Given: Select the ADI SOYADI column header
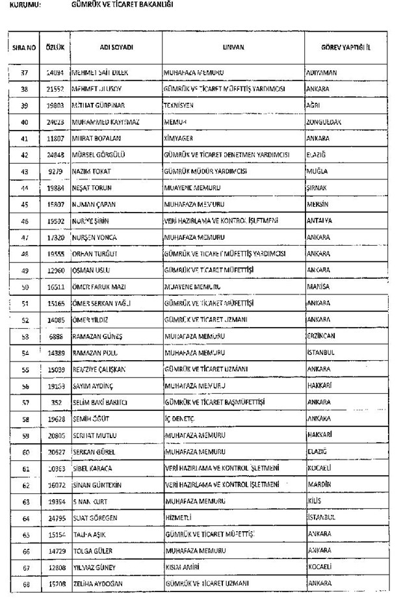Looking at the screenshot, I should click(116, 48).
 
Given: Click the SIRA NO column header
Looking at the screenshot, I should click(23, 48).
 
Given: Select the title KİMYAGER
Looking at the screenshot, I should click(179, 138).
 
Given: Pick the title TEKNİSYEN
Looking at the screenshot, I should click(179, 105).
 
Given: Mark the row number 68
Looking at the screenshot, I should click(24, 584).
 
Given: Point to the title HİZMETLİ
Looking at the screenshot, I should click(177, 517).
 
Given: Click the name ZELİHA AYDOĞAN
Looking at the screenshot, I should click(101, 584).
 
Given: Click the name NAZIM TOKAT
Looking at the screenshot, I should click(92, 172).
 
